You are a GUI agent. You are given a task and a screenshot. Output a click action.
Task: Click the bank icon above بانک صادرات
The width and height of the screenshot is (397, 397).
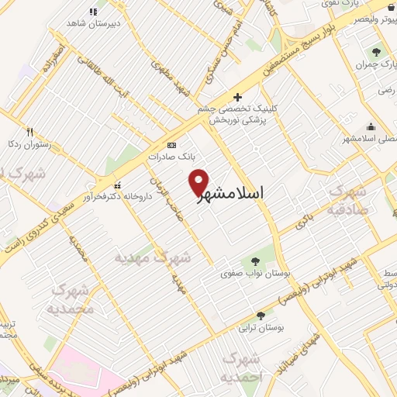pyautogui.click(x=171, y=145)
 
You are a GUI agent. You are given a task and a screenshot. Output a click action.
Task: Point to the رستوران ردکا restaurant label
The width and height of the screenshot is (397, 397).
pyautogui.click(x=29, y=143)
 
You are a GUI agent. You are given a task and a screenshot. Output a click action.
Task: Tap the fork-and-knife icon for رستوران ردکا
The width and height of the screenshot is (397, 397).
pyautogui.click(x=29, y=132)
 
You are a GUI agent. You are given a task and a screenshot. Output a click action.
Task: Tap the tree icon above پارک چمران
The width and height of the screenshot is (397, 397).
pyautogui.click(x=376, y=53)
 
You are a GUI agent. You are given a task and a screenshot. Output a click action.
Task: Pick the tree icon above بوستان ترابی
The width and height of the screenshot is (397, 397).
pyautogui.click(x=261, y=316)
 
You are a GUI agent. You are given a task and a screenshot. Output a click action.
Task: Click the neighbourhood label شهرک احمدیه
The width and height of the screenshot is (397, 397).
pyautogui.click(x=239, y=368)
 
